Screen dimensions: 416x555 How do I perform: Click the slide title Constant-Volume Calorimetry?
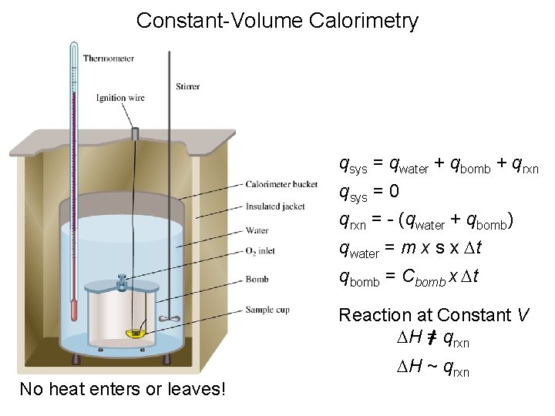pos(277,20)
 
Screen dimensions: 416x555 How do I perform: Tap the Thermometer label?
pos(108,58)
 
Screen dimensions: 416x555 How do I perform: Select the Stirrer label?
pos(187,86)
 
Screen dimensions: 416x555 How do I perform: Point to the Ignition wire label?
pos(120,98)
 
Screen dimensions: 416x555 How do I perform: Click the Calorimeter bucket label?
pos(281,184)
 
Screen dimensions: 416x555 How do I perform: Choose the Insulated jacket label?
pos(275,206)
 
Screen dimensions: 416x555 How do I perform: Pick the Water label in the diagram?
pos(257,230)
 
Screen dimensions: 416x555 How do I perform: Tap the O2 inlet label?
pos(262,251)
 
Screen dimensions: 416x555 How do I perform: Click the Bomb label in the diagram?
pos(256,279)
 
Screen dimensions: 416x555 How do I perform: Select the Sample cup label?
pos(266,310)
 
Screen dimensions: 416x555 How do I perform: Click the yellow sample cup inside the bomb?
pos(137,333)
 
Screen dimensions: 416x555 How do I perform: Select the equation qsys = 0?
pos(369,192)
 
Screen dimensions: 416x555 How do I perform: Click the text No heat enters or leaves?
pos(123,389)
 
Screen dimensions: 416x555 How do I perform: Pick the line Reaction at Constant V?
pos(434,315)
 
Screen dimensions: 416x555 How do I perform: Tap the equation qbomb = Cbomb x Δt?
pos(409,277)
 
